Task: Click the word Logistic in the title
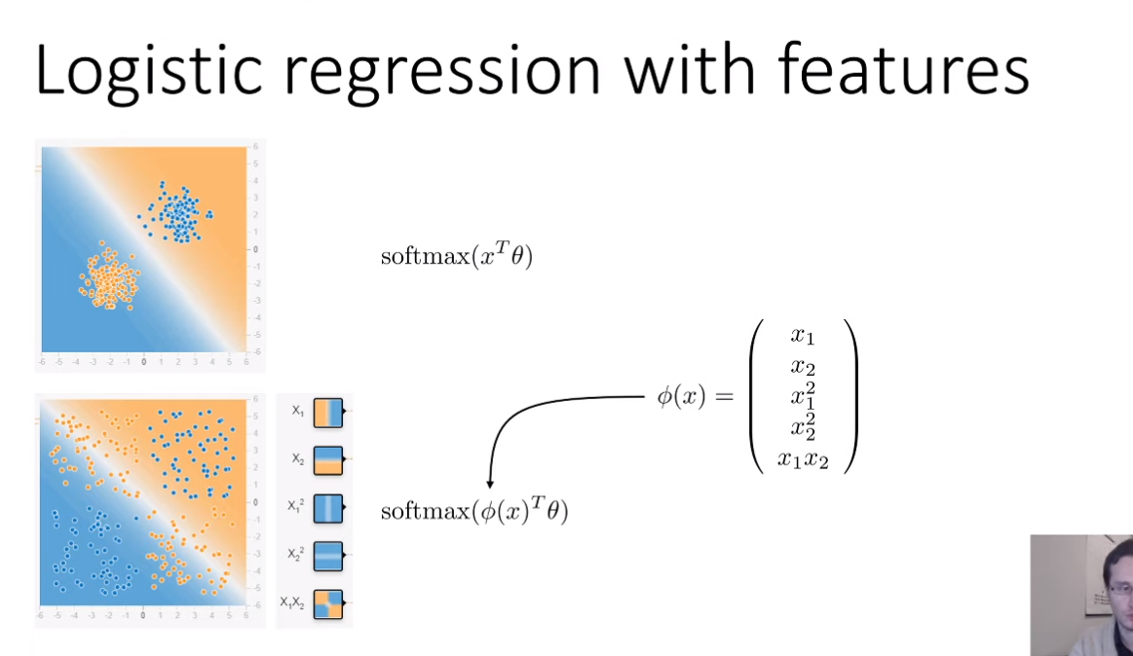pos(134,70)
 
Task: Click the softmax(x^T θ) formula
pos(457,257)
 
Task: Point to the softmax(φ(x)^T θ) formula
pos(474,511)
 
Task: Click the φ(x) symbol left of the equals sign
pos(682,397)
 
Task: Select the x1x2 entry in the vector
pos(803,459)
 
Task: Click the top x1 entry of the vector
pos(803,337)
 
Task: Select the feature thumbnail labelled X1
pos(328,413)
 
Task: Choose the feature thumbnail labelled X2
pos(328,459)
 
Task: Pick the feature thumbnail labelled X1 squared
pos(328,508)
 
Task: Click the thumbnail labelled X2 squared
pos(328,556)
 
